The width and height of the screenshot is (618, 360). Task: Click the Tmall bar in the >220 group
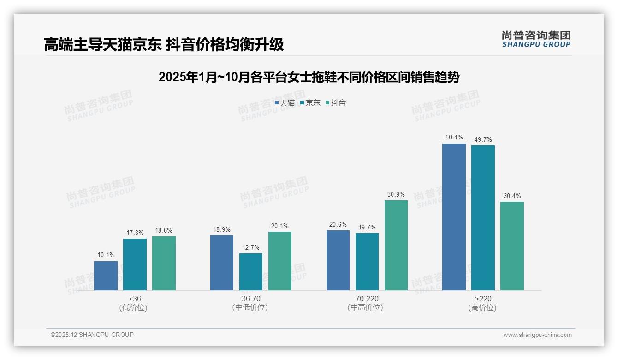(454, 217)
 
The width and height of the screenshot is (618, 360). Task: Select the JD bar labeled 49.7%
(483, 218)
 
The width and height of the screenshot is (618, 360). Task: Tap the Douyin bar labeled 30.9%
(396, 245)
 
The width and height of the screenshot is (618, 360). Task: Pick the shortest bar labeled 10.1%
(106, 276)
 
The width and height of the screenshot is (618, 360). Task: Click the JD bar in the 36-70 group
(251, 272)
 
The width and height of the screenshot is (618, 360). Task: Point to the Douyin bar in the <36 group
(164, 263)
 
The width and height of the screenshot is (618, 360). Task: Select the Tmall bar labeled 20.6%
(338, 260)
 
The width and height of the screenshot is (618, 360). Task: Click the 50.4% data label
(454, 138)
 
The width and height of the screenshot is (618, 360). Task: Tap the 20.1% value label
(280, 226)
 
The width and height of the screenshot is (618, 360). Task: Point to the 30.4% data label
(512, 196)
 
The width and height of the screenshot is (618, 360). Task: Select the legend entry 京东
(310, 103)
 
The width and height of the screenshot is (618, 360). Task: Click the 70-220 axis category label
(367, 299)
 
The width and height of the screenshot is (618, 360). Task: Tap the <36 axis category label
(135, 299)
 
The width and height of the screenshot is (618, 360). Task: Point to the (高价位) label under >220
(482, 308)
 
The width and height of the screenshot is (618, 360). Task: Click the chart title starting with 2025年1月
(309, 78)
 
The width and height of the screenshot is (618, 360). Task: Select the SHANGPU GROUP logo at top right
(536, 39)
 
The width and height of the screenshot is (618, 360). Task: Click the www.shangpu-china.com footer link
(537, 335)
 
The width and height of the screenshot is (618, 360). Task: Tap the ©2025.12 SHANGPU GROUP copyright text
(92, 335)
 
